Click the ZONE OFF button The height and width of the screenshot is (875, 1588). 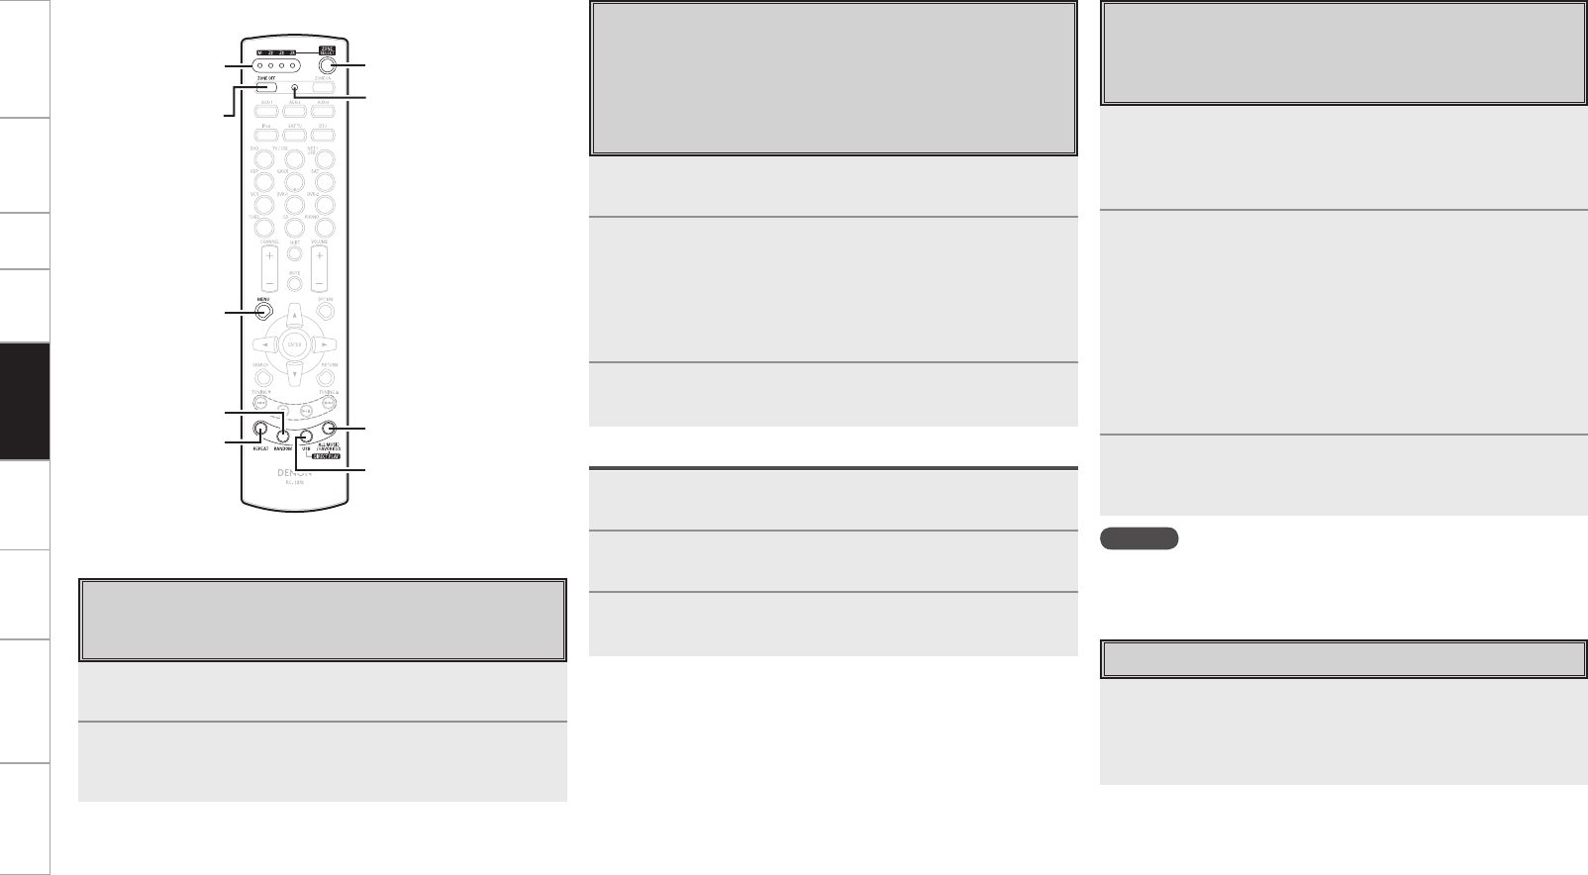coord(262,87)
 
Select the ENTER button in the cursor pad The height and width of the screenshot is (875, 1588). coord(294,345)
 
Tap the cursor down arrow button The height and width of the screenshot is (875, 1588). coord(294,373)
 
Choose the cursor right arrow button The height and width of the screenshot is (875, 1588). coord(324,345)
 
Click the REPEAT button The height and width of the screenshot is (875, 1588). coord(259,430)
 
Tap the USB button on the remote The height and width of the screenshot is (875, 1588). coord(306,437)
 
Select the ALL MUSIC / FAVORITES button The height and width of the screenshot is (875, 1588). coord(330,430)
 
